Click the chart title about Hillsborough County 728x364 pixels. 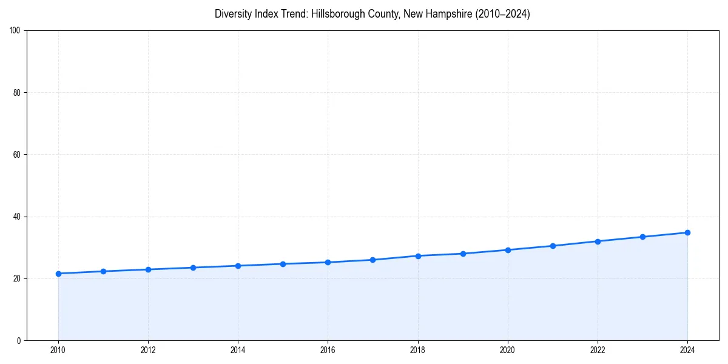pyautogui.click(x=372, y=14)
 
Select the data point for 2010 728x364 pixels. pyautogui.click(x=58, y=274)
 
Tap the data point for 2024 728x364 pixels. pyautogui.click(x=687, y=232)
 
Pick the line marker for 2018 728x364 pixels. pyautogui.click(x=418, y=255)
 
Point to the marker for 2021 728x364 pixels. pyautogui.click(x=553, y=246)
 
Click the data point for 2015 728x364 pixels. pyautogui.click(x=283, y=264)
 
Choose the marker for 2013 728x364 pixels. pyautogui.click(x=193, y=268)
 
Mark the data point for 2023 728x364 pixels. pyautogui.click(x=642, y=237)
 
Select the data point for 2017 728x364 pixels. pyautogui.click(x=372, y=260)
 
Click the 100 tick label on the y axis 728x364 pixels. pyautogui.click(x=16, y=30)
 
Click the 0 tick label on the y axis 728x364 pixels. pyautogui.click(x=19, y=340)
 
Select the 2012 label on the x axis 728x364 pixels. pyautogui.click(x=148, y=350)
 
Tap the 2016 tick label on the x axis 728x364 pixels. pyautogui.click(x=328, y=350)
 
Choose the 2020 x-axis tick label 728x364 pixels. pyautogui.click(x=508, y=350)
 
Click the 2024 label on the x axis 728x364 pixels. pyautogui.click(x=687, y=350)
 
